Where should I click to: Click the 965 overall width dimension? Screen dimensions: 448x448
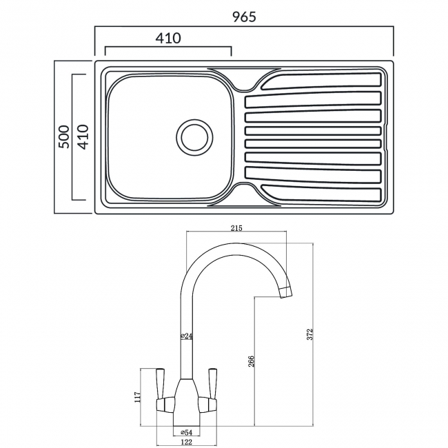tap(243, 17)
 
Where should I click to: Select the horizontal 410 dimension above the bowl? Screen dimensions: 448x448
tap(167, 39)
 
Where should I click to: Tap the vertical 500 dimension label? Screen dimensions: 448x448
tap(63, 137)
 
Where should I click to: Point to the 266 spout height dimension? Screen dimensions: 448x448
tap(252, 360)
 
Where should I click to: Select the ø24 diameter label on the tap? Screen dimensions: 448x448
tap(186, 336)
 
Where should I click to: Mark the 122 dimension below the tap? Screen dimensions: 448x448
tap(186, 441)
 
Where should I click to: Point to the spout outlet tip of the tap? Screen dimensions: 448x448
tap(285, 294)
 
